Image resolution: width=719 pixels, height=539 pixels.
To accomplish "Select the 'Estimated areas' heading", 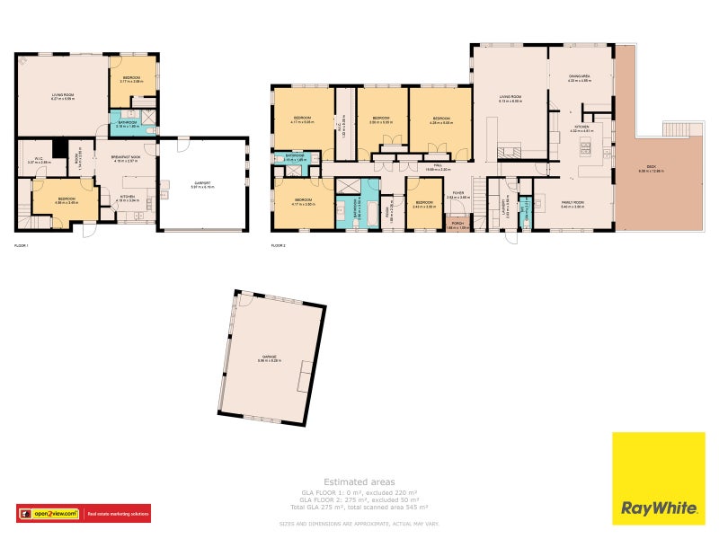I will (359, 482).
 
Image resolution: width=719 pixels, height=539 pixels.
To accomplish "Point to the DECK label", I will (647, 167).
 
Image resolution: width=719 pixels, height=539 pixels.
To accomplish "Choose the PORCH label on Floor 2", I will (458, 225).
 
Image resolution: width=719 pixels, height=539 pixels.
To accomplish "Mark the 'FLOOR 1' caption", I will (22, 244).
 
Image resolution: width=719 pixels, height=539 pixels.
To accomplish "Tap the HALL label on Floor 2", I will (439, 166).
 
